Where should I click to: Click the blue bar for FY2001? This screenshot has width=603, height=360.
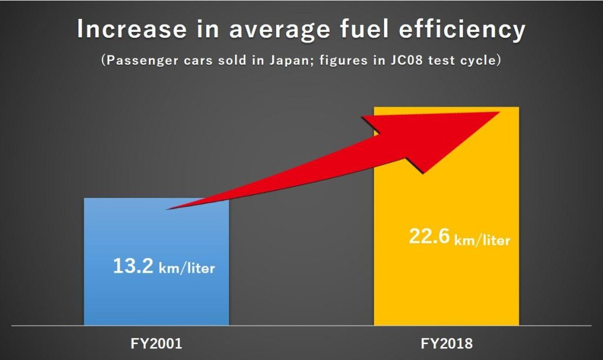(x=156, y=295)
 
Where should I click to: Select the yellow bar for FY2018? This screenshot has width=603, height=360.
(x=446, y=283)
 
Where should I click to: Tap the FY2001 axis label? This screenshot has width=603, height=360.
(x=156, y=344)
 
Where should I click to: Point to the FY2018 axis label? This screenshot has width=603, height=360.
(x=446, y=344)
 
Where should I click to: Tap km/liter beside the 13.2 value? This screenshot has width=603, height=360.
(x=187, y=269)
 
